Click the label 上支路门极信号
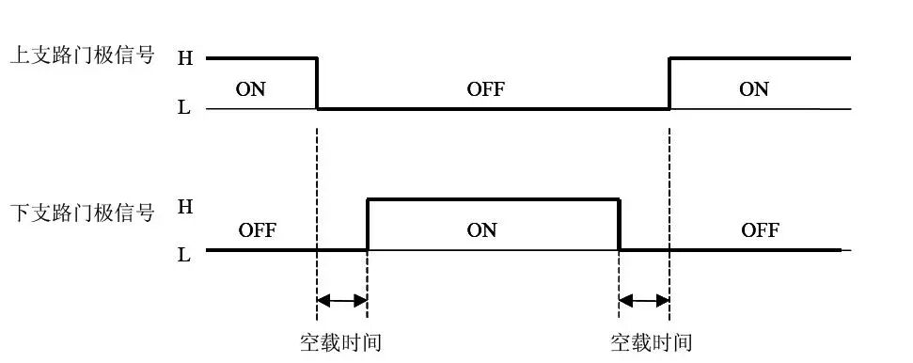[x=81, y=56]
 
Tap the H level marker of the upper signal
[x=184, y=57]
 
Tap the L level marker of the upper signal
[x=184, y=108]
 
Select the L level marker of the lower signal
[x=184, y=253]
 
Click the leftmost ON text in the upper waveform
[x=249, y=89]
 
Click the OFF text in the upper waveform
[x=485, y=89]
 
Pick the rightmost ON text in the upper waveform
[x=754, y=89]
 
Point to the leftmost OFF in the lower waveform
[x=257, y=229]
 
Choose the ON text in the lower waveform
[x=481, y=229]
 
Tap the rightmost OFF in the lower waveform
[x=760, y=229]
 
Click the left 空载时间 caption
[x=340, y=341]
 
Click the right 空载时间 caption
[x=652, y=341]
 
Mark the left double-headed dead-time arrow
[x=342, y=301]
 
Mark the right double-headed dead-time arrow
[x=644, y=301]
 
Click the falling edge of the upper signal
[x=317, y=83]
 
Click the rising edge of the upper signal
[x=669, y=83]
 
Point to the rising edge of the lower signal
[x=367, y=224]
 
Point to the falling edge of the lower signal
[x=620, y=224]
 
